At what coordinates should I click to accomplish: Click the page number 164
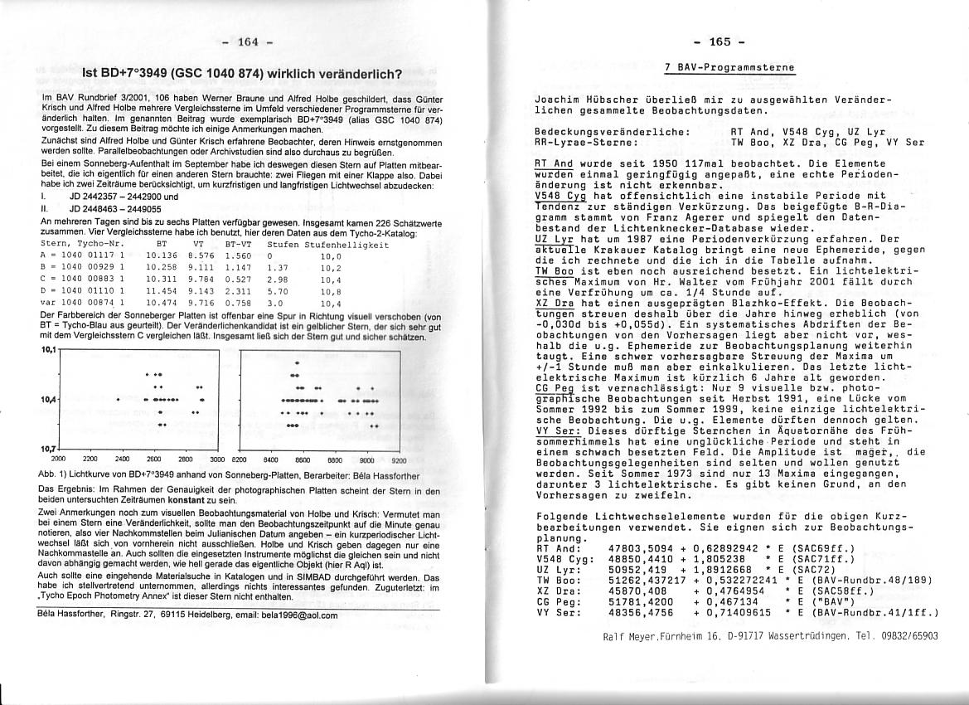click(x=248, y=41)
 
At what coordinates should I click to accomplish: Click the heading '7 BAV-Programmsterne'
click(x=729, y=67)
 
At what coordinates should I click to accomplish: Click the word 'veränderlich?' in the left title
click(x=359, y=75)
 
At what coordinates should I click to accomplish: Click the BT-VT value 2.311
click(x=239, y=291)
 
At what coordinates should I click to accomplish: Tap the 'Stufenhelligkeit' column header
click(x=346, y=245)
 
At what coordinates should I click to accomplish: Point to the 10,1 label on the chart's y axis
click(x=48, y=350)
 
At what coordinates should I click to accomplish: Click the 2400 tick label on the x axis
click(x=122, y=458)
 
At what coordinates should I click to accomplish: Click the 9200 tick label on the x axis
click(x=399, y=458)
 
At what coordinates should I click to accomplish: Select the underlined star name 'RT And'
click(x=554, y=163)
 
